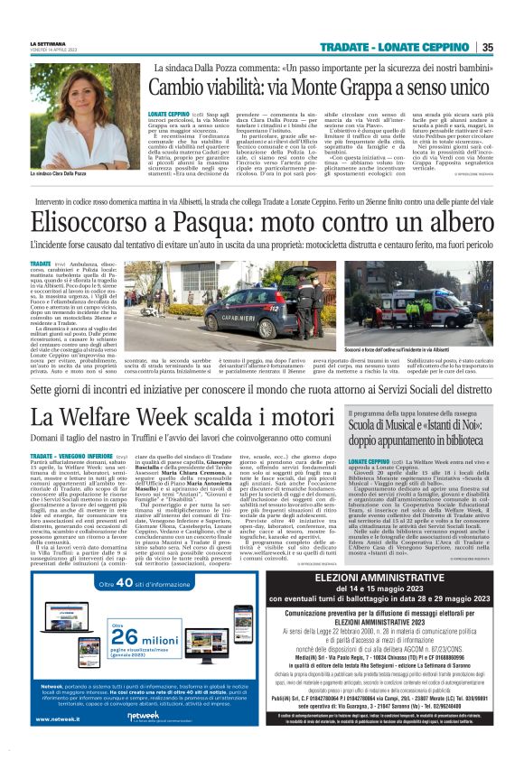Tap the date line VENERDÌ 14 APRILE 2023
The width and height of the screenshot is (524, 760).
click(56, 51)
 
